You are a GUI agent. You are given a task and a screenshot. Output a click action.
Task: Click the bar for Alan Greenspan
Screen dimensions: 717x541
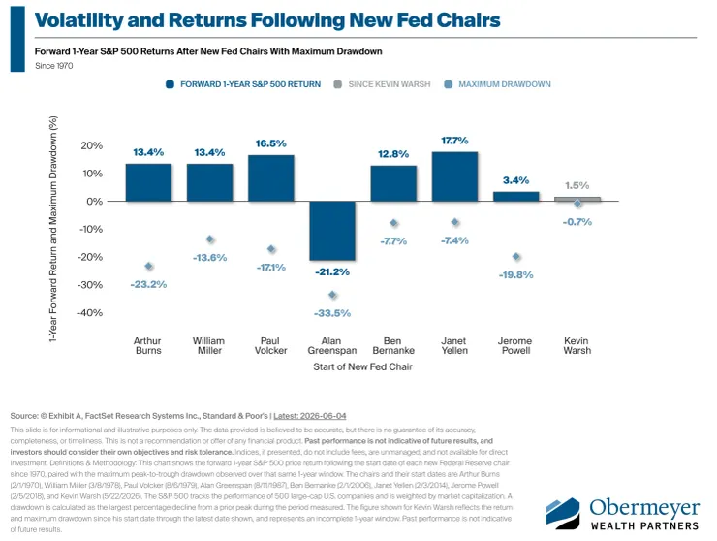tap(332, 231)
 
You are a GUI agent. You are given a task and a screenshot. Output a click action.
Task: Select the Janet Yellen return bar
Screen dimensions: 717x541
tap(454, 176)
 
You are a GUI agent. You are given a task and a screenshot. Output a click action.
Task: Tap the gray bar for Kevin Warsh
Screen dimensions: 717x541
tap(577, 199)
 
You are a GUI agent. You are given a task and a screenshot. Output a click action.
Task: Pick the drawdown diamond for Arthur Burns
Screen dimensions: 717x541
tap(148, 266)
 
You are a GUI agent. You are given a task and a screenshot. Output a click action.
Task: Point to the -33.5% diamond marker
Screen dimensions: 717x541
tap(332, 295)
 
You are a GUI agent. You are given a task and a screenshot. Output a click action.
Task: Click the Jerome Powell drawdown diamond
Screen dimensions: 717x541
tap(516, 257)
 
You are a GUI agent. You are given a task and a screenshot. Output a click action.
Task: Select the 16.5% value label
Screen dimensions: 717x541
tap(270, 143)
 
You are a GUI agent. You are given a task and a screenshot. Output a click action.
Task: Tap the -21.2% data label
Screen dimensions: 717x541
tap(332, 271)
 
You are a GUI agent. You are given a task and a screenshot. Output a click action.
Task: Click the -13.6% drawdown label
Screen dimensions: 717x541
tap(209, 258)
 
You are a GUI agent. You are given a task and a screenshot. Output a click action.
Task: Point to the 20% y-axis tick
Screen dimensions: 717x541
tap(91, 145)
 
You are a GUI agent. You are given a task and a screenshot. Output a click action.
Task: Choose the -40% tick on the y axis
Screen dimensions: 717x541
tap(90, 312)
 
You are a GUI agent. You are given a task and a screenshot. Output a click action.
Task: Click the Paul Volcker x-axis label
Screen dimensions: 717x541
tap(270, 345)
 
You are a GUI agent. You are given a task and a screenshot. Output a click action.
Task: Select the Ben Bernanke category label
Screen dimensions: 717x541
tap(393, 345)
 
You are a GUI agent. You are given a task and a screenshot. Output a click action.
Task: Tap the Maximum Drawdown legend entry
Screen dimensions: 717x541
tap(498, 84)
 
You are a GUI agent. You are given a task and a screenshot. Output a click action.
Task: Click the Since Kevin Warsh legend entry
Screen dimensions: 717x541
tap(383, 84)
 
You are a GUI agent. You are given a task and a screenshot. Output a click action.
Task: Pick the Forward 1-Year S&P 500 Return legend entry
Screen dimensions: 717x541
tap(243, 84)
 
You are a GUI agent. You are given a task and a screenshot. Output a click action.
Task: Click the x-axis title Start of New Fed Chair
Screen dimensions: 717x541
tap(362, 366)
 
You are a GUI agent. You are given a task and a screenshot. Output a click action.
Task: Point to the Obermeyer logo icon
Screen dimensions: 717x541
tap(562, 513)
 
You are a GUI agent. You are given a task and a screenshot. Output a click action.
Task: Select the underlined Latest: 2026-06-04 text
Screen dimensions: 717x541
tap(310, 416)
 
